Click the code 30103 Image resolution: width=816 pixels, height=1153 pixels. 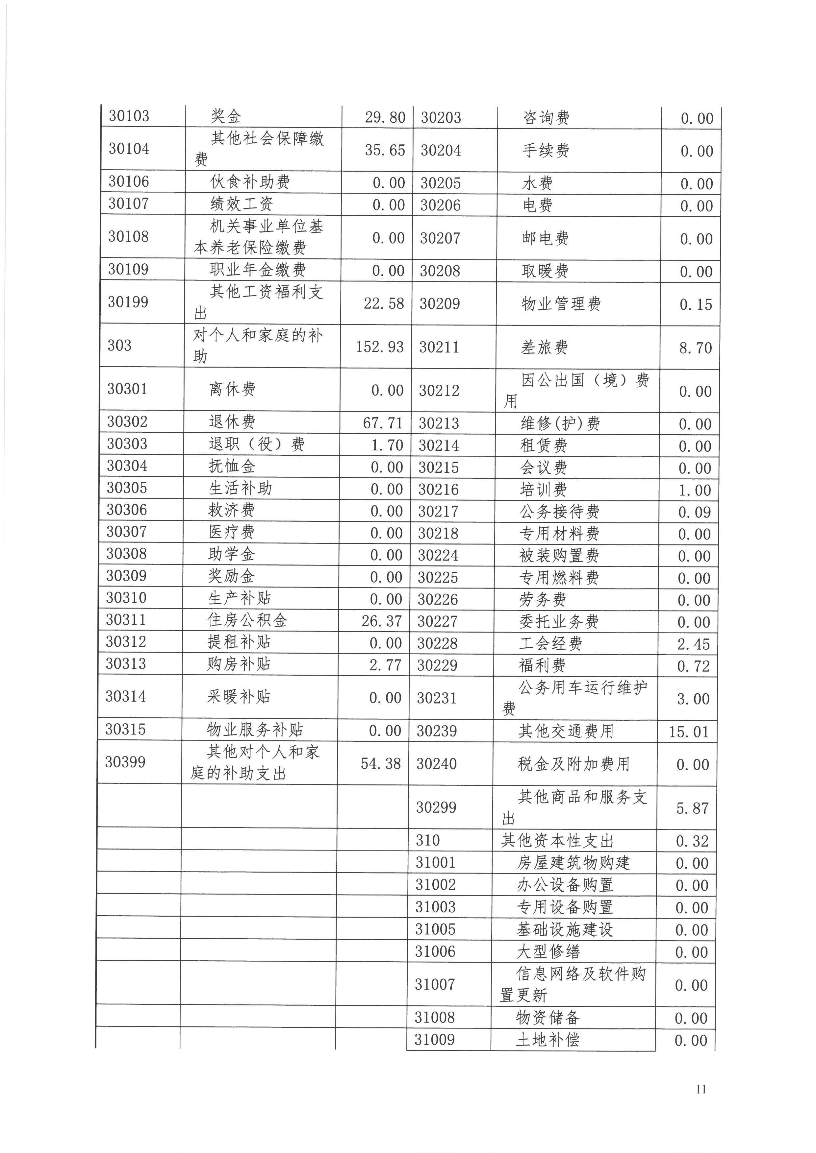click(x=129, y=116)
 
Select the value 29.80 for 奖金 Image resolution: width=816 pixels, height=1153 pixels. click(x=385, y=117)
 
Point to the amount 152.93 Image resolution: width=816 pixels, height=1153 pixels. click(x=379, y=347)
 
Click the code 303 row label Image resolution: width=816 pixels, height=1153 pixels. click(x=119, y=346)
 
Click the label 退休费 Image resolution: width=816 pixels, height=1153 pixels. click(x=232, y=422)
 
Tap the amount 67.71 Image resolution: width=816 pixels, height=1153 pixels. click(x=383, y=423)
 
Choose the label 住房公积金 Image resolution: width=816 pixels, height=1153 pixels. click(x=247, y=621)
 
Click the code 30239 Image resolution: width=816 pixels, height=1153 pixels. click(x=437, y=731)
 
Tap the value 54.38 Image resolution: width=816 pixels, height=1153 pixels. click(x=381, y=764)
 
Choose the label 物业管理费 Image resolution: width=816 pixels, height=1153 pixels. click(x=561, y=304)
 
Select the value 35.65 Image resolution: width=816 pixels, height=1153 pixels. click(x=385, y=150)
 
